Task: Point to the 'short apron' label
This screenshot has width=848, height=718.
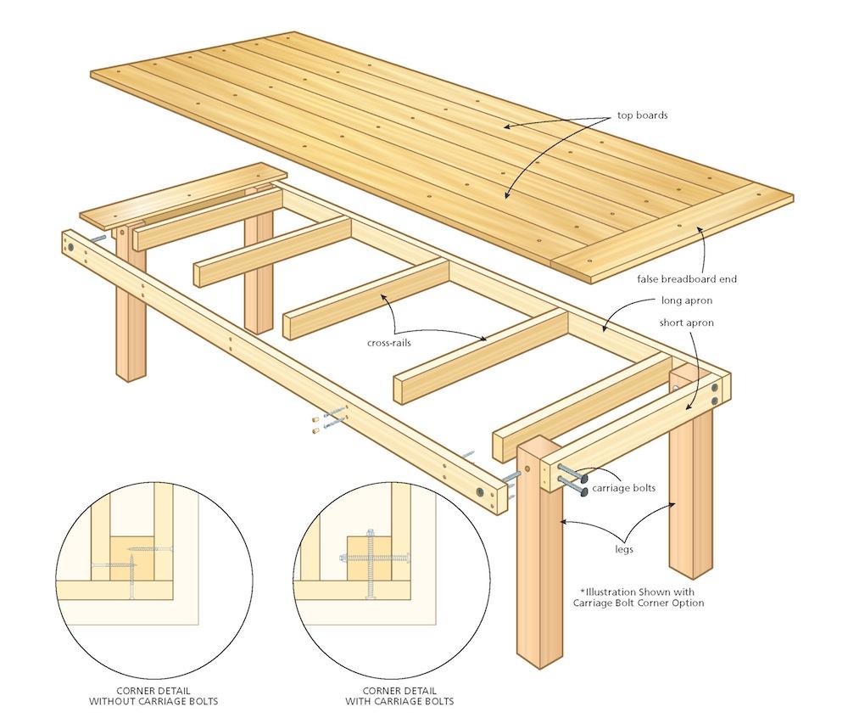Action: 686,323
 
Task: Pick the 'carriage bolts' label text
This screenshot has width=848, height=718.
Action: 623,489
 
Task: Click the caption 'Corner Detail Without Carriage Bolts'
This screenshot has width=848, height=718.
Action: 153,695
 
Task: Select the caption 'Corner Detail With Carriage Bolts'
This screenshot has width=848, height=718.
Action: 399,695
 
